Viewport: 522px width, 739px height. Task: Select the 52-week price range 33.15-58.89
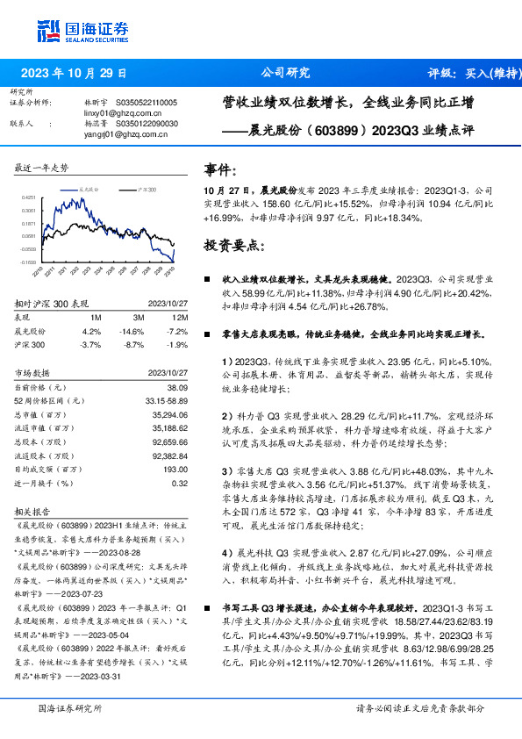[x=165, y=399]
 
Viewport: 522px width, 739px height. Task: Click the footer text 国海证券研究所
[x=70, y=708]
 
